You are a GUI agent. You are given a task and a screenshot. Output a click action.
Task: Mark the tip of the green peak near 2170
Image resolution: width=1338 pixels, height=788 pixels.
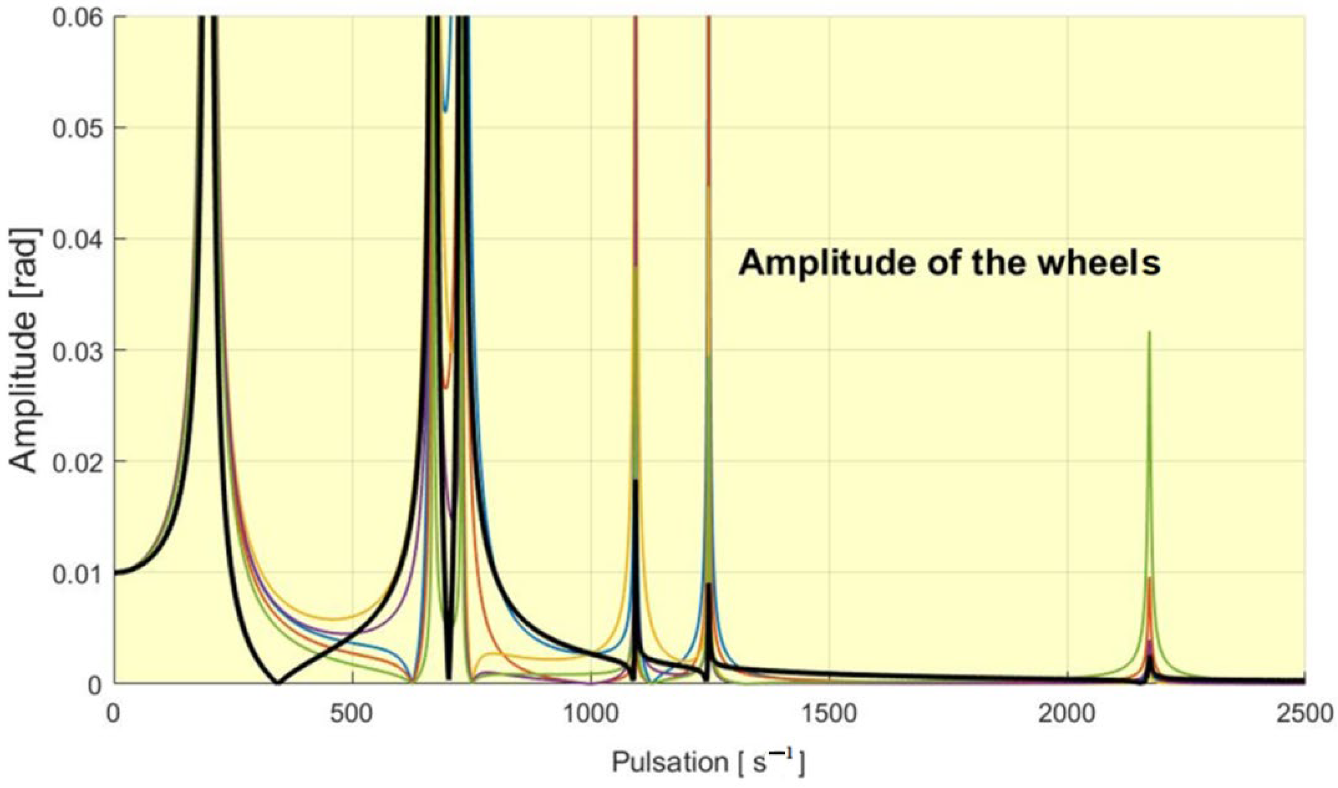pos(1150,332)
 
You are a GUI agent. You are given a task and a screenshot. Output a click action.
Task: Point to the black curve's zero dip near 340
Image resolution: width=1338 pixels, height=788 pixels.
pos(277,682)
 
